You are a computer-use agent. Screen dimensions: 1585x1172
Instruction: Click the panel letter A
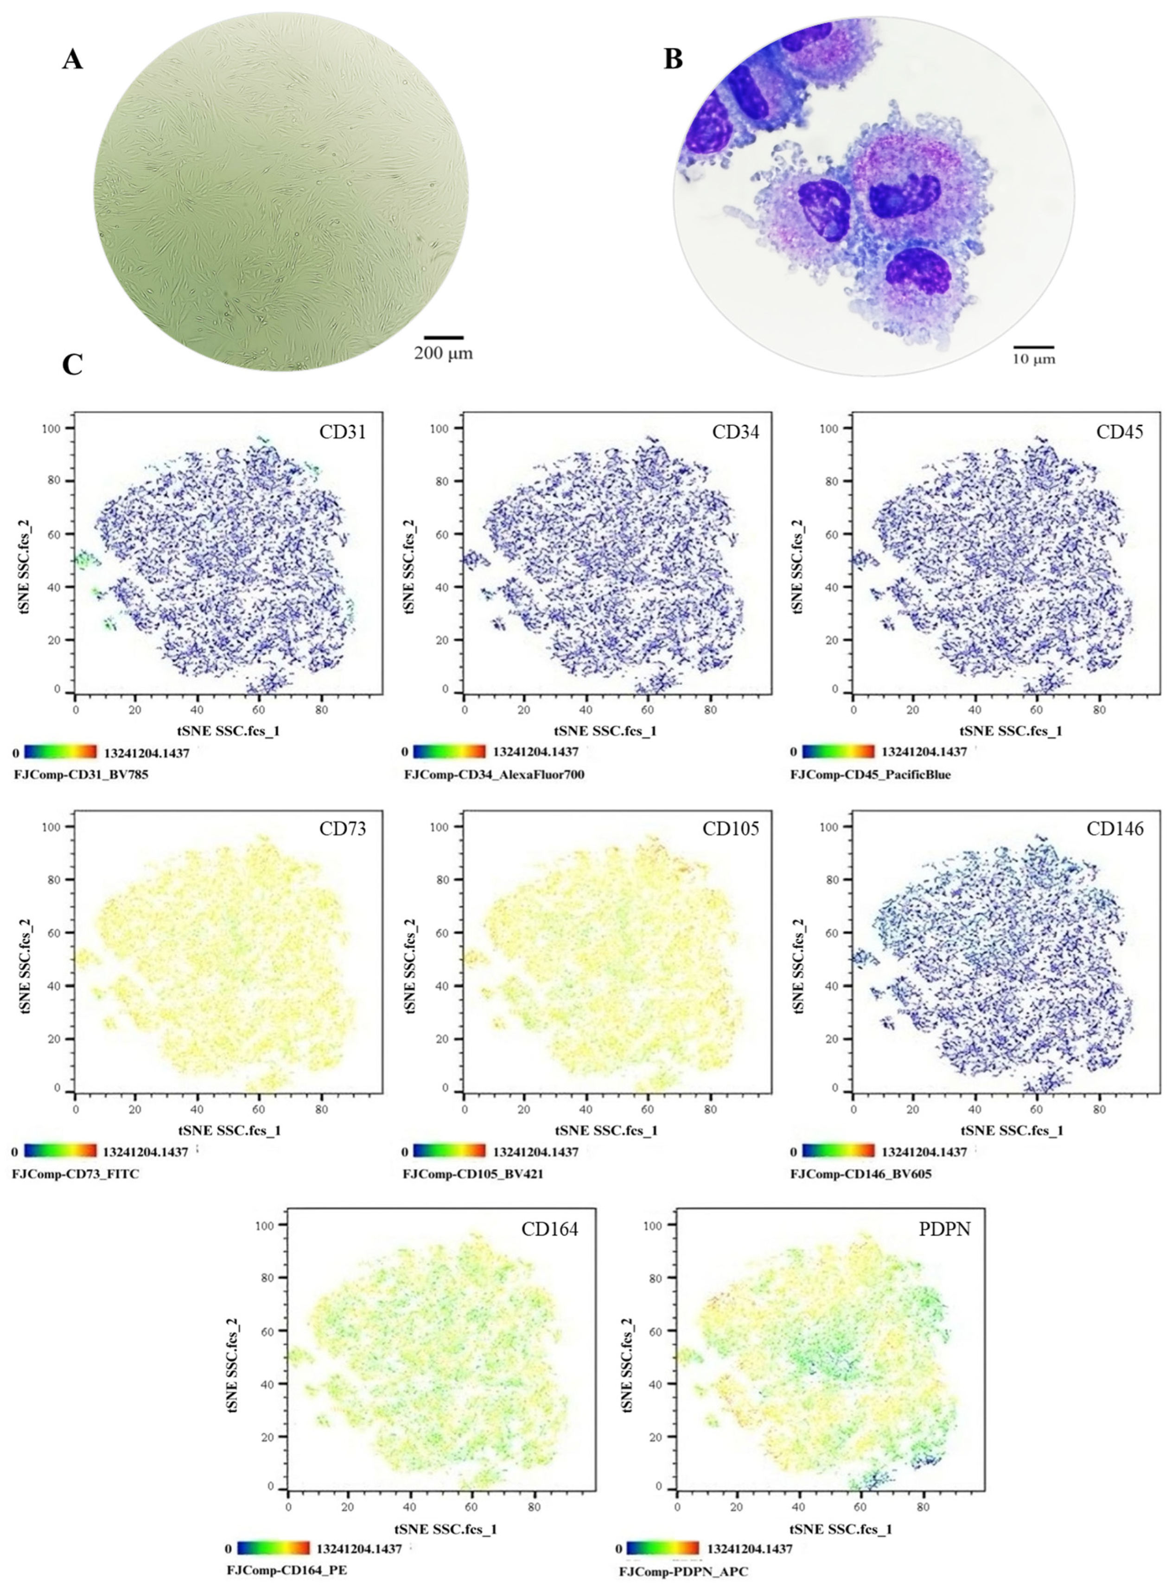tap(72, 60)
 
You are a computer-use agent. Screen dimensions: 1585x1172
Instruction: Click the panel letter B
tap(673, 60)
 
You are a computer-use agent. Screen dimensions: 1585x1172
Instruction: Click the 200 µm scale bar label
tap(443, 352)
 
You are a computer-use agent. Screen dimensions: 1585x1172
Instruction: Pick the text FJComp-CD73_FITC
tap(76, 1174)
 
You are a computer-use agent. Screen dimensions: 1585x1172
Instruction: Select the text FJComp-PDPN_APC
tap(683, 1572)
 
